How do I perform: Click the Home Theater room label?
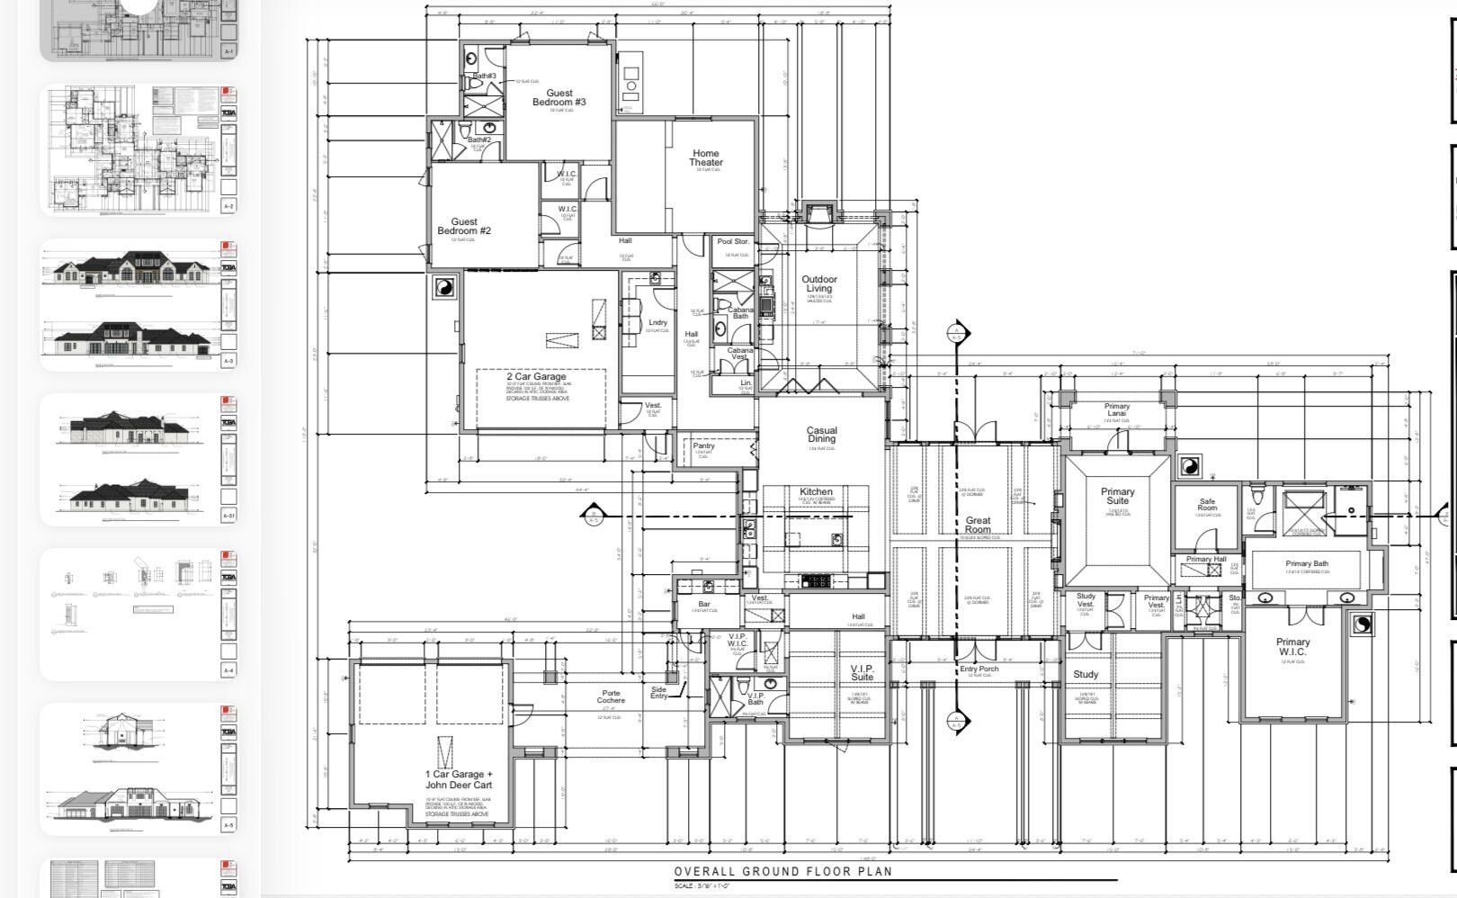pos(705,158)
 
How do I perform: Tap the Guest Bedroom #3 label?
pos(559,97)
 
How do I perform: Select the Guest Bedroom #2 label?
pos(464,226)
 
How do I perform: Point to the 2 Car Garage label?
pos(536,377)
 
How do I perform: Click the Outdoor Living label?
pos(818,284)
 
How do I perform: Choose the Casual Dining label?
pos(820,435)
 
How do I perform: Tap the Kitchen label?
pos(816,492)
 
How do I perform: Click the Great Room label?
pos(978,525)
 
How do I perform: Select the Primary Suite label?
pos(1117,497)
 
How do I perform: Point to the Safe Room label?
pos(1207,505)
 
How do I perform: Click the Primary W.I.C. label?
pos(1292,647)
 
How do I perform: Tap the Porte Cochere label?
pos(611,696)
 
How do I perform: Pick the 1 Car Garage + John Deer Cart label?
pos(459,779)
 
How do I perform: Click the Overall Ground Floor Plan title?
pos(782,871)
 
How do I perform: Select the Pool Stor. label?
pos(733,242)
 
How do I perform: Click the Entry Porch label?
pos(979,669)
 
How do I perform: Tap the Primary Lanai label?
pos(1116,410)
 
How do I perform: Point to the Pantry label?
pos(703,446)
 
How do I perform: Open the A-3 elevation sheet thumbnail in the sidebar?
pos(139,304)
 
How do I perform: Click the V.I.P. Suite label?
pos(862,672)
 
